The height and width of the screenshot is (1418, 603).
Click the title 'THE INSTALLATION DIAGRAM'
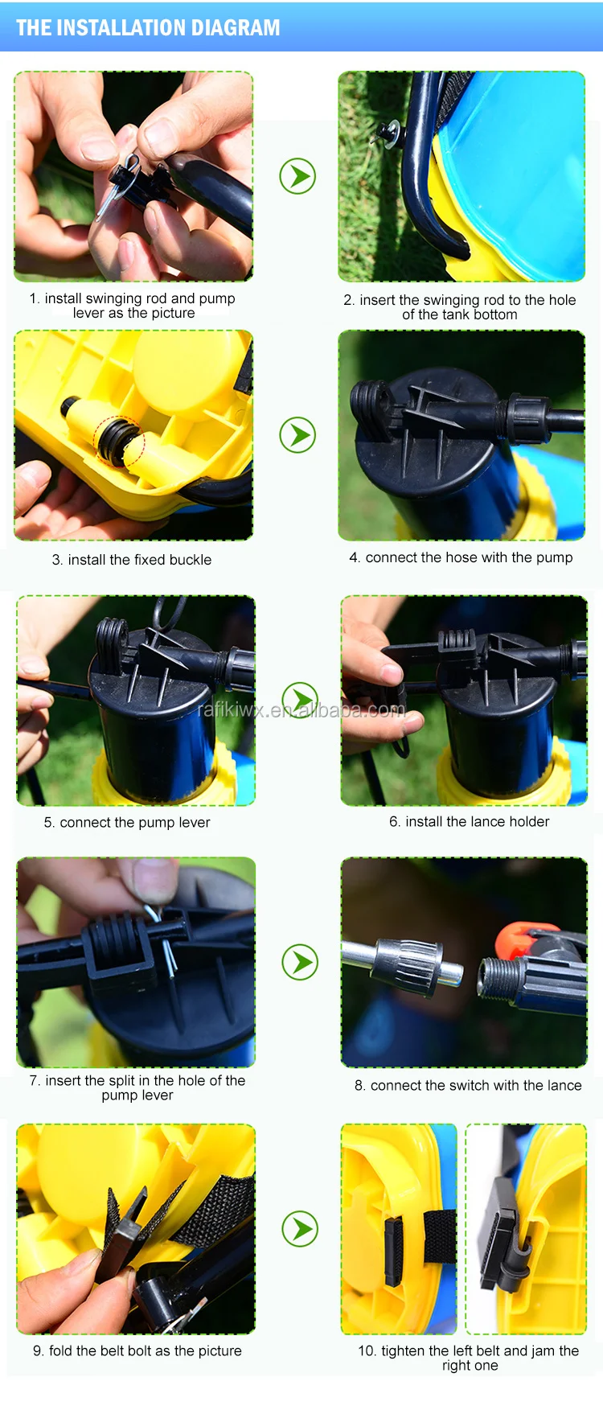[x=148, y=28]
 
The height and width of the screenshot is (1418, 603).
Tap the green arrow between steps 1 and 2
[x=297, y=176]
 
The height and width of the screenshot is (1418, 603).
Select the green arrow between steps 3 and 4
[x=297, y=435]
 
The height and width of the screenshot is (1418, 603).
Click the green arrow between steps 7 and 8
[x=300, y=962]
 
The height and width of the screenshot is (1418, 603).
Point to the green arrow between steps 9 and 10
[x=300, y=1229]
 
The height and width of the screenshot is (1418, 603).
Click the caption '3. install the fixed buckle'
[x=132, y=560]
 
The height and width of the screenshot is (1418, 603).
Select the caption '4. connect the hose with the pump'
[x=461, y=557]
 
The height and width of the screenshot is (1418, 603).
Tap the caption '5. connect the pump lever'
[x=127, y=823]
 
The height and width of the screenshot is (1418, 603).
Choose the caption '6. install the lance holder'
[x=470, y=821]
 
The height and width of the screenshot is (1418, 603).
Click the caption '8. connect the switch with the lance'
[x=468, y=1085]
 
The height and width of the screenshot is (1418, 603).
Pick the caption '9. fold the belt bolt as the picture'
[x=137, y=1350]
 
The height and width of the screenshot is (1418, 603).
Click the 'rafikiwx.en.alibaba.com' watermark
[x=301, y=709]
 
